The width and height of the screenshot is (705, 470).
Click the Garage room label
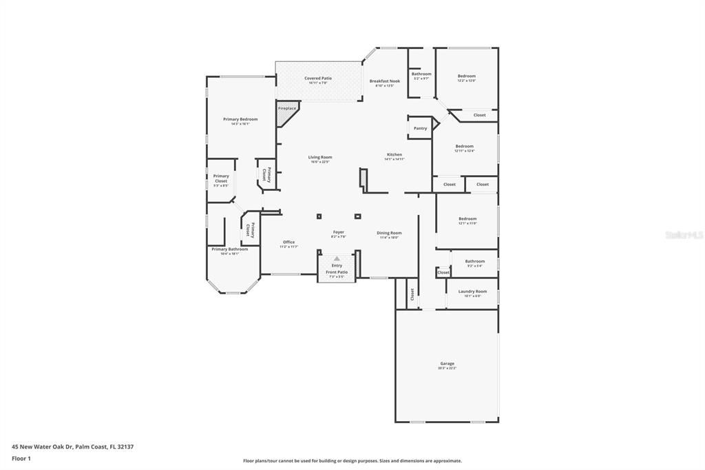(447, 363)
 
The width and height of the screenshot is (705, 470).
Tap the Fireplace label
(287, 108)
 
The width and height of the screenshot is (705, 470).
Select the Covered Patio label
(318, 79)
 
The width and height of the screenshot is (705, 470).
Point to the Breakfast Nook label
(384, 81)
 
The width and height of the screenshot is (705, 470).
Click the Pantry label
(420, 128)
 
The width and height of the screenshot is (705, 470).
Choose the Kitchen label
(394, 154)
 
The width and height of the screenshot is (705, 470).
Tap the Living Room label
(320, 157)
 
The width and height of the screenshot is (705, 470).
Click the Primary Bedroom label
(240, 119)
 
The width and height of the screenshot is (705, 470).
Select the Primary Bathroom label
(229, 249)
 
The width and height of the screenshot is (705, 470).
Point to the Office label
(288, 242)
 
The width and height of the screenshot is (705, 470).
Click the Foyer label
(338, 232)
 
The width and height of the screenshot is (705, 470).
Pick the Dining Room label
(389, 233)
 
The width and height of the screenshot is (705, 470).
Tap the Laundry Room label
(472, 292)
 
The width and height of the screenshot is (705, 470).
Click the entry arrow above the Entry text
(337, 258)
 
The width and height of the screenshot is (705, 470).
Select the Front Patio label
(337, 272)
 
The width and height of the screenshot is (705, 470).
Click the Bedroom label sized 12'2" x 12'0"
(466, 76)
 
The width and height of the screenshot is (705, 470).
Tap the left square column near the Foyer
(319, 216)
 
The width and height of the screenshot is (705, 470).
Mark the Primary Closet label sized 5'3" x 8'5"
(221, 176)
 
